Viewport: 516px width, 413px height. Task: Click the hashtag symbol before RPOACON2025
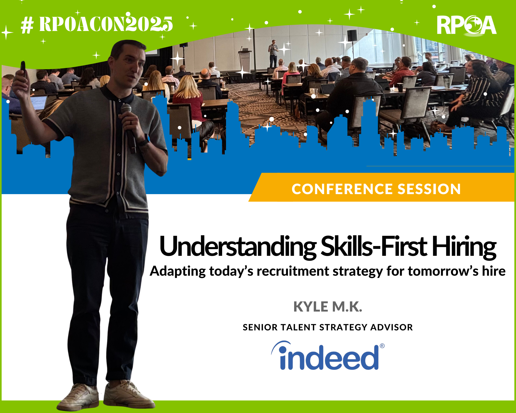click(27, 25)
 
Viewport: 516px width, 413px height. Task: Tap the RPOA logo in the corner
click(466, 25)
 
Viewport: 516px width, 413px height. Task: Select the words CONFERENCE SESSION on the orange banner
click(376, 189)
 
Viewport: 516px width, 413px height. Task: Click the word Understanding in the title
click(238, 247)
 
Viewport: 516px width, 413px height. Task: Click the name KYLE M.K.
click(328, 307)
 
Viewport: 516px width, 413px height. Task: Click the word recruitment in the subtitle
click(293, 271)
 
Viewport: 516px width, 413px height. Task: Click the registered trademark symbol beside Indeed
click(382, 346)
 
